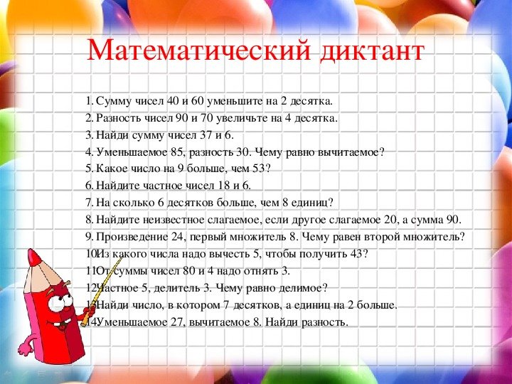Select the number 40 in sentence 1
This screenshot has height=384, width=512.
coord(176,101)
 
